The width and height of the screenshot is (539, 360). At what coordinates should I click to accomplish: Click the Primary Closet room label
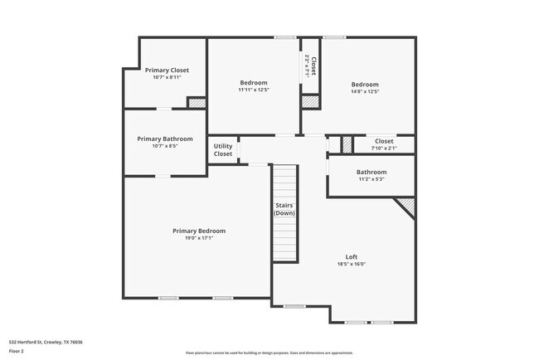point(167,71)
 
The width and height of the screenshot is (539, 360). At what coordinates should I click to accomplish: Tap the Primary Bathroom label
point(165,139)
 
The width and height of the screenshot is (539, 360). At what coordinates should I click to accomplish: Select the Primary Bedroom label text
point(199,231)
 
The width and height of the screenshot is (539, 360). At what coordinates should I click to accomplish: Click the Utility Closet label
point(223,150)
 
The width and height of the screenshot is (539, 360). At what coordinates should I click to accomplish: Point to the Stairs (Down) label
point(284,209)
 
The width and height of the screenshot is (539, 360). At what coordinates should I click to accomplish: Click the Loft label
point(352,256)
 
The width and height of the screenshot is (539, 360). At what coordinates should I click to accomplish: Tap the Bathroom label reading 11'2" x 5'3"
point(371,172)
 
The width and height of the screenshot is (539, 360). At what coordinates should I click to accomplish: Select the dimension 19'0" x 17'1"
point(199,238)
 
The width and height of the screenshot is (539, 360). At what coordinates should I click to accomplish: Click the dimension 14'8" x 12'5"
point(365,92)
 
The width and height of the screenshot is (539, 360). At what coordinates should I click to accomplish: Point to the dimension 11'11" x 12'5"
point(254,90)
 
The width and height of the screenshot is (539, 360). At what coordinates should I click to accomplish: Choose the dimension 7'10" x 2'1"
point(384,148)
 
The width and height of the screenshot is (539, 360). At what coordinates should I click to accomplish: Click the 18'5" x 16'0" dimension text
point(352,264)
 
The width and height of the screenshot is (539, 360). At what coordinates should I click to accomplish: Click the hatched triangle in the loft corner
point(406,204)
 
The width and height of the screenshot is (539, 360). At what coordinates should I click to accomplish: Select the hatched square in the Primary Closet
point(197,103)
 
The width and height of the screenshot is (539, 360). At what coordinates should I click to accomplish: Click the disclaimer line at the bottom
point(269,353)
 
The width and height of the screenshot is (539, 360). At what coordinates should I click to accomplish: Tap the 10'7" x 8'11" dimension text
point(167,78)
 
